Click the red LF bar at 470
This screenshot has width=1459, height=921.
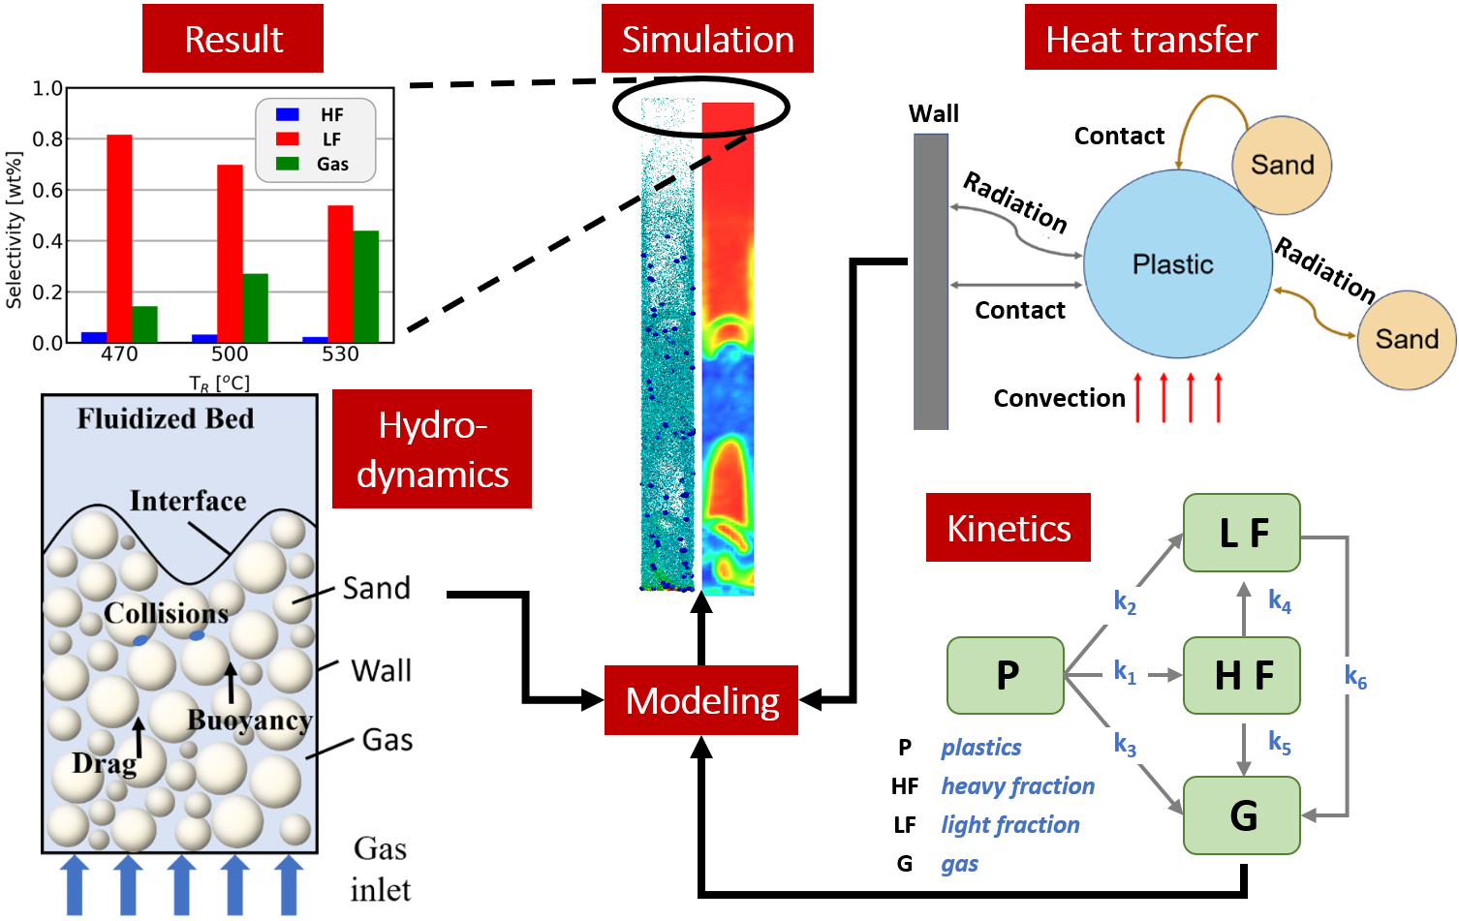(119, 238)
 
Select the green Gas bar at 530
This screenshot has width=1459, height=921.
(365, 287)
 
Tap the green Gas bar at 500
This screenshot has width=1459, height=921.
(255, 308)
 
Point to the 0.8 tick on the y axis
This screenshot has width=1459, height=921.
(47, 139)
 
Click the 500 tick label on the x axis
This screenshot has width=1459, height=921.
(230, 354)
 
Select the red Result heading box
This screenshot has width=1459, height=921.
(233, 39)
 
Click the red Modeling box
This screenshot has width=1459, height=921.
(701, 700)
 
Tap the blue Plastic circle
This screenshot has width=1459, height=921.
(1177, 263)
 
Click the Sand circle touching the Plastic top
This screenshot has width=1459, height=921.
(1282, 166)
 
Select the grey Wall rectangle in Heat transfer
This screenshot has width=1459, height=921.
(931, 281)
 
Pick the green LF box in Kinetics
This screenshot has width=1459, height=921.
(1242, 533)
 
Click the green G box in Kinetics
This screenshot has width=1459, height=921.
(1242, 815)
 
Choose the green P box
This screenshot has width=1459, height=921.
(1006, 675)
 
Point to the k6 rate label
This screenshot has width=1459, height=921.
(1355, 677)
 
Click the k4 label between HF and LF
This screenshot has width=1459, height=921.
(1280, 601)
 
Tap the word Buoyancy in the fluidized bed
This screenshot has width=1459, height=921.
(249, 721)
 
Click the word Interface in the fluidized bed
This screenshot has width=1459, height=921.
(188, 502)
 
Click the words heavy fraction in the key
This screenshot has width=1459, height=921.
(1017, 786)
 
